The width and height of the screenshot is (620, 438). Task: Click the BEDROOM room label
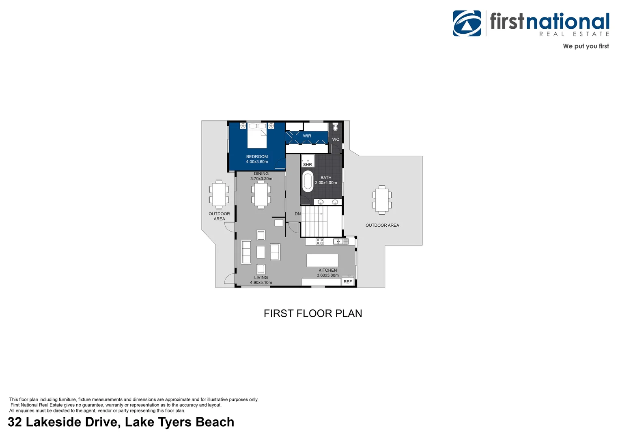(257, 157)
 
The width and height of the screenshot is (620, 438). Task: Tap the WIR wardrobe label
(307, 136)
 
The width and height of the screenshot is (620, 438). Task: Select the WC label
(336, 140)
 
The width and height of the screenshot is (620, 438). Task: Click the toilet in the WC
(335, 127)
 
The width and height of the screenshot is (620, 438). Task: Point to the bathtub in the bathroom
(308, 182)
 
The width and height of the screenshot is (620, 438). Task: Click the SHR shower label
(308, 165)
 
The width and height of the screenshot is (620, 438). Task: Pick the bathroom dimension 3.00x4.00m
(326, 183)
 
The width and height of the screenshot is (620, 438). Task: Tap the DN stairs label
(298, 214)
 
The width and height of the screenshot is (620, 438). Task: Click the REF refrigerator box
(348, 281)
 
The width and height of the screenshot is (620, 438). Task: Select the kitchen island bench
(322, 260)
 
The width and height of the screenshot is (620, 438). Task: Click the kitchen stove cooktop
(320, 242)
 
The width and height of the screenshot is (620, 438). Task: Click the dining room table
(261, 195)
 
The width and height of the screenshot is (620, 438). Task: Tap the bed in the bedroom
(257, 136)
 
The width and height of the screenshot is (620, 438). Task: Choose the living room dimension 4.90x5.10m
(261, 283)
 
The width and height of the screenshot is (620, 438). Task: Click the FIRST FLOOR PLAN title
(313, 313)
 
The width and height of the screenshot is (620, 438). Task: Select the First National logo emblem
(467, 24)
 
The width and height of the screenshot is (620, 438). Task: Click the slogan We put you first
(586, 46)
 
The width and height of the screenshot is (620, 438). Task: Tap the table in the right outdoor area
(382, 200)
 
